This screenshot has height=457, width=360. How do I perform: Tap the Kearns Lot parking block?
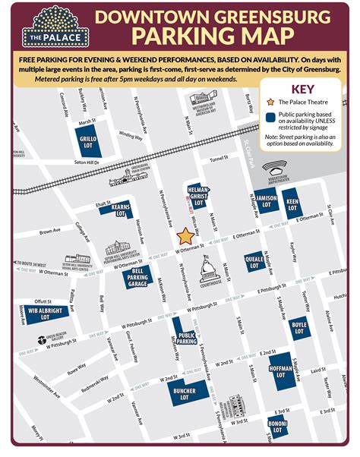[118, 210]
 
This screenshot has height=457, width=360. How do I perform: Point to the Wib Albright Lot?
[34, 312]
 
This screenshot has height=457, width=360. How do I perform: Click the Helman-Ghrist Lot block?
[199, 197]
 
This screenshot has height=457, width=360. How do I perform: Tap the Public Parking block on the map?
[187, 334]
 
